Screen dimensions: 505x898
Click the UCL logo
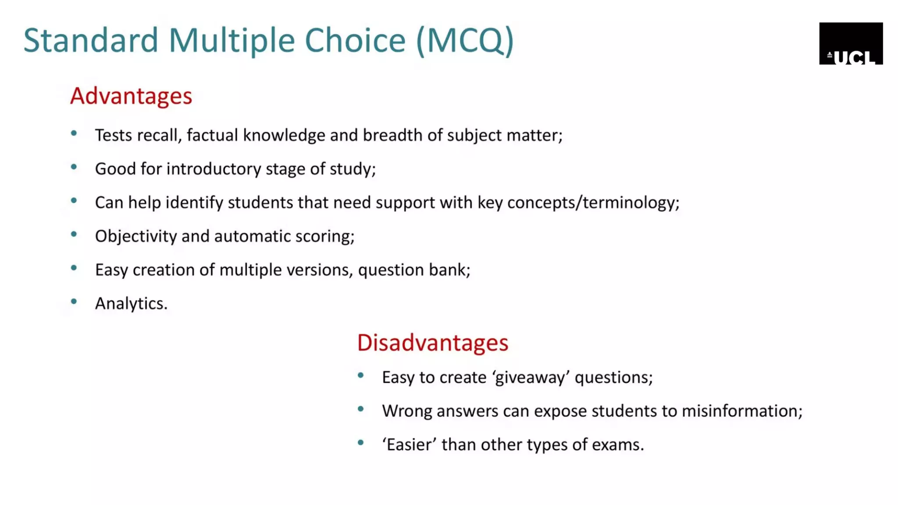[851, 43]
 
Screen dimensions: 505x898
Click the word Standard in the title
[90, 40]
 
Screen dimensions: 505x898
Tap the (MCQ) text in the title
[464, 40]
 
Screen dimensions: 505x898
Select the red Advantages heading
[131, 96]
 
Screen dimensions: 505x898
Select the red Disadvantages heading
[432, 342]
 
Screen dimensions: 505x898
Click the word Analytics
[131, 303]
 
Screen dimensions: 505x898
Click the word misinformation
[741, 411]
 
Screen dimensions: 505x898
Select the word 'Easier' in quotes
[409, 445]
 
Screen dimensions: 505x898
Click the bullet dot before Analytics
[74, 301]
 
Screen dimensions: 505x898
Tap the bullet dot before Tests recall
[74, 133]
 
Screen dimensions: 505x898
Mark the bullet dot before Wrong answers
[360, 409]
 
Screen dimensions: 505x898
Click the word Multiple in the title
[232, 40]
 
